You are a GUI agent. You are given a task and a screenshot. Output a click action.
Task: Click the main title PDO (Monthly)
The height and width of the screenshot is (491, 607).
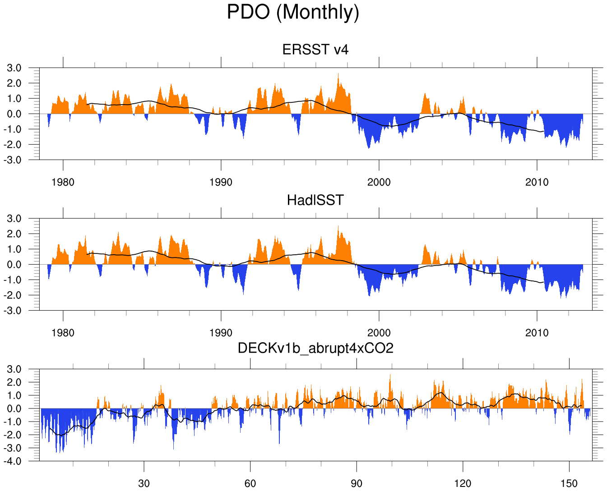coord(293,12)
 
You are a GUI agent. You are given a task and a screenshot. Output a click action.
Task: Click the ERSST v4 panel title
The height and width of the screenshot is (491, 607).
coord(315,50)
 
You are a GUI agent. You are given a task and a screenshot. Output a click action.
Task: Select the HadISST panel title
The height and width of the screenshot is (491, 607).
coord(315,200)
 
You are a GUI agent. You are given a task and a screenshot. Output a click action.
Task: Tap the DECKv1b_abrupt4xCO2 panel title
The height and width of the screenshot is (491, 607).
coord(315,348)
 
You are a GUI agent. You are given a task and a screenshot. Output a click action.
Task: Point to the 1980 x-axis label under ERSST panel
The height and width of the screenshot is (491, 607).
coord(63,182)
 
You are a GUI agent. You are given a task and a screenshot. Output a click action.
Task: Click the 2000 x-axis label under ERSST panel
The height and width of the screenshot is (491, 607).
coord(379,182)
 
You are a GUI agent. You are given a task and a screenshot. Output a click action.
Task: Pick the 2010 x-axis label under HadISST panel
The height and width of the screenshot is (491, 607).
coord(537,333)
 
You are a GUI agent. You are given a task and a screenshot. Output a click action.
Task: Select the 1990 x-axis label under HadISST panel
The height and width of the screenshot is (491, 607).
coord(221,333)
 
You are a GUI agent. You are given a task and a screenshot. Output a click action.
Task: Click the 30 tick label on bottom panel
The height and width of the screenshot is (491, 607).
coord(144,484)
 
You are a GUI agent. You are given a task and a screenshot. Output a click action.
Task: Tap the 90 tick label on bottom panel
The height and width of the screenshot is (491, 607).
coord(357,484)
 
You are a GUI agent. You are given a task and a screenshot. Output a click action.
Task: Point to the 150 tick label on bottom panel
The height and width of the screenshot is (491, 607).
coord(569,484)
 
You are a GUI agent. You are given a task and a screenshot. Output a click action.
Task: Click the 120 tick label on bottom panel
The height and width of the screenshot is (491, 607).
coord(463,484)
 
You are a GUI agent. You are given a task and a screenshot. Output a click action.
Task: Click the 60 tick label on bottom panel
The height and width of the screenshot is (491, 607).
coord(250,484)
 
